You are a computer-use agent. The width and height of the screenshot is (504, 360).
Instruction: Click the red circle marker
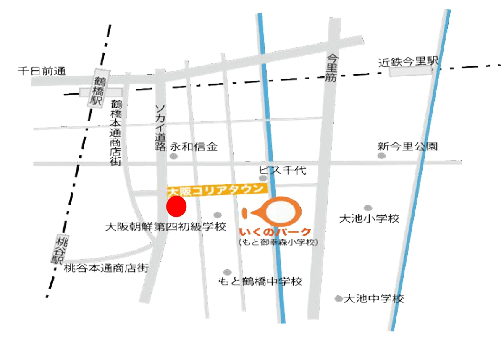point(176,206)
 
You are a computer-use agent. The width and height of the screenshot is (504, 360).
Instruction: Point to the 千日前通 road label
point(42,71)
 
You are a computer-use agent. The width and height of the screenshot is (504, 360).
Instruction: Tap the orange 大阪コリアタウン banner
point(217,190)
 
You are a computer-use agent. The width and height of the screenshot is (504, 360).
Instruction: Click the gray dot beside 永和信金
point(173,156)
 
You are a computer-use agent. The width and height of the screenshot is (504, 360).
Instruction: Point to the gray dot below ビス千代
point(263,179)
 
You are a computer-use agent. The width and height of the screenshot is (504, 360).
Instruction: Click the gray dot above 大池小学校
point(368,208)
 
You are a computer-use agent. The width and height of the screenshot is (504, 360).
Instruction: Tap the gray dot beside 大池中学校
point(339,299)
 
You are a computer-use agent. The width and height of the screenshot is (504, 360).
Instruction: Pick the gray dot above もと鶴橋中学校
point(227,272)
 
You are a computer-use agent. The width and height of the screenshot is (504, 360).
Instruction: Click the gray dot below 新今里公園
point(381,156)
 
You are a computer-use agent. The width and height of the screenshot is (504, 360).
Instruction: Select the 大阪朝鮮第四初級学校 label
point(165,227)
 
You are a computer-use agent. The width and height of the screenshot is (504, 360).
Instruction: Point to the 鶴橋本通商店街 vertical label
point(116,132)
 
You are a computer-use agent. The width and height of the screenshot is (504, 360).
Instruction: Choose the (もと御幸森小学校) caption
point(278,243)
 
